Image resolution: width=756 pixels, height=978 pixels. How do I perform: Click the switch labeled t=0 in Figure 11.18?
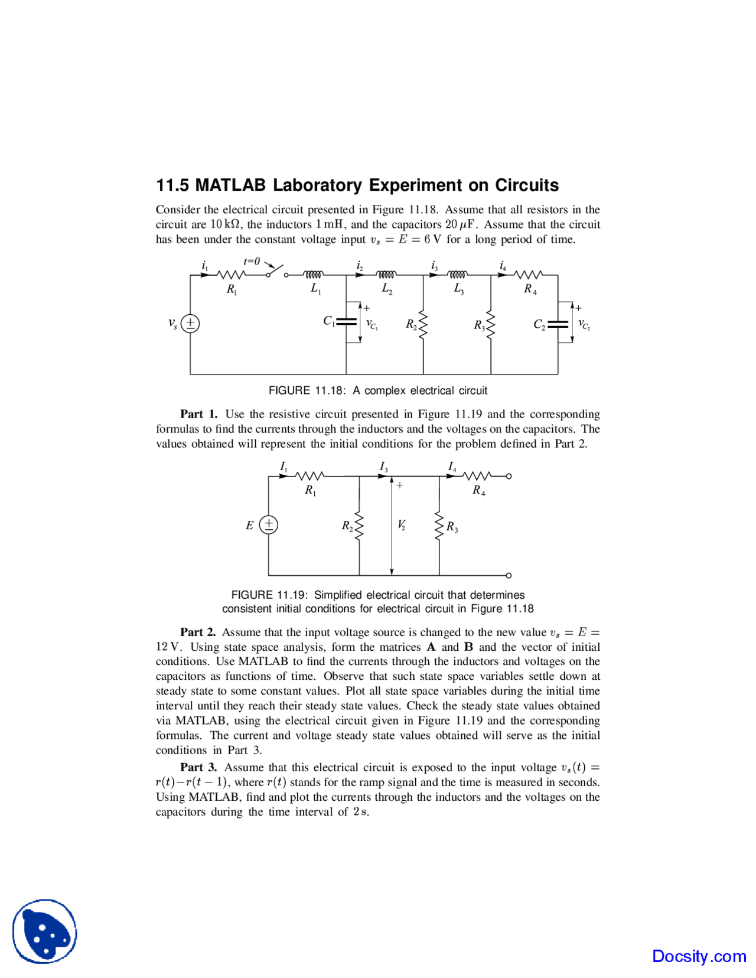276,272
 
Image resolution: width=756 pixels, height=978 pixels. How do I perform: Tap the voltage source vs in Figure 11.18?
190,324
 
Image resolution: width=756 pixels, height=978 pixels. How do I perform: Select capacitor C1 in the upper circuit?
346,322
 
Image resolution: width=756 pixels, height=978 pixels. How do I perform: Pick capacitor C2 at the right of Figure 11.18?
558,324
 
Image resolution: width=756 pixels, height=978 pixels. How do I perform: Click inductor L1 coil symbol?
314,275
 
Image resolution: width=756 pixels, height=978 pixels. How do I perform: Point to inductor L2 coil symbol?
386,275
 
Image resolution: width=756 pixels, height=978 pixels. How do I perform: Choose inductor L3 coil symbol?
457,275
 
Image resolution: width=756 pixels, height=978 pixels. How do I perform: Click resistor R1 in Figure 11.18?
232,275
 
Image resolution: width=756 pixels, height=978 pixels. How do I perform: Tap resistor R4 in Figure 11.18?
529,275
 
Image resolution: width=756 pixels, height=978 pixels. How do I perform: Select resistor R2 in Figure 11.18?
423,324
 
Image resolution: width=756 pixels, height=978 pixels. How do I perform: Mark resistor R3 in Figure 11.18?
490,324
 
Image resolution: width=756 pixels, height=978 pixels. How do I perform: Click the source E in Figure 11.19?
269,524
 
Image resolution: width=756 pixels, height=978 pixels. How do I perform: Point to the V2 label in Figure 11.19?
402,524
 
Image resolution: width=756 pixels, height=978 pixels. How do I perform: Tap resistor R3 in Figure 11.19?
439,526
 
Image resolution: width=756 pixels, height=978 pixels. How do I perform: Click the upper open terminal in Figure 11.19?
509,476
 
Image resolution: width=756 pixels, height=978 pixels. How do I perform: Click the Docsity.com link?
699,956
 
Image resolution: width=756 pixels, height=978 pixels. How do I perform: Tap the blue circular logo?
45,931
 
